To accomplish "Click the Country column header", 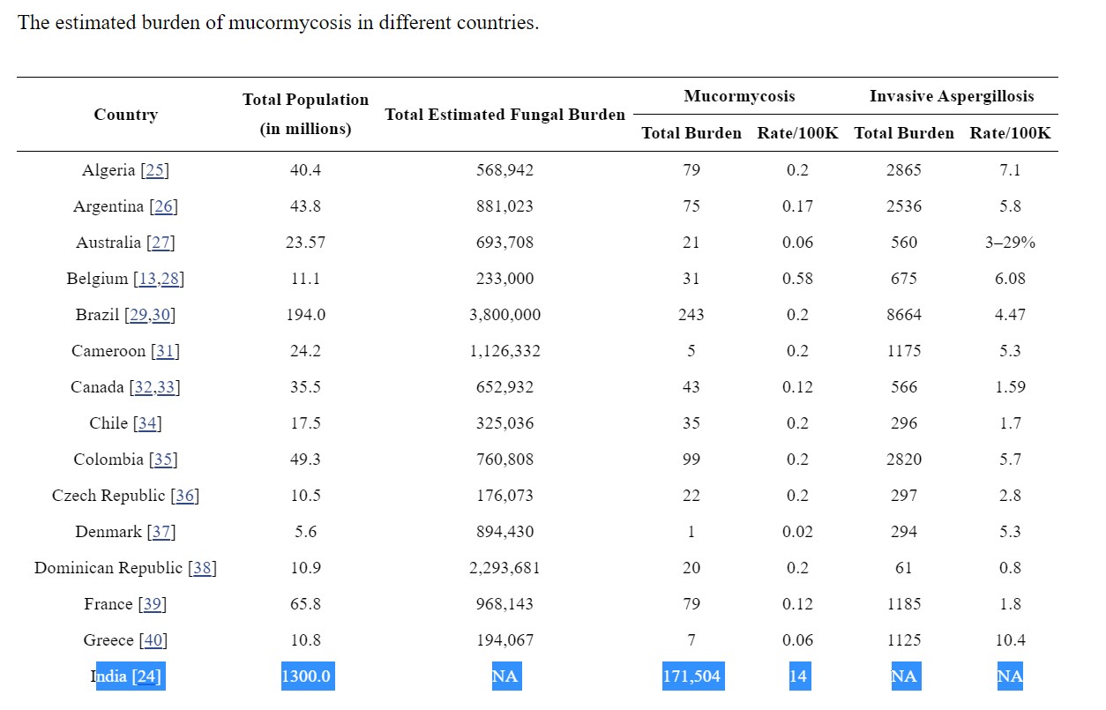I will pos(126,115).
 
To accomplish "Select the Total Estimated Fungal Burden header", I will pos(504,115).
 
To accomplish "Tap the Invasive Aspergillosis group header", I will pos(952,96).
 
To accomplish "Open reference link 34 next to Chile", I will pos(147,423).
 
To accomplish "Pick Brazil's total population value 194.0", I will pos(305,315).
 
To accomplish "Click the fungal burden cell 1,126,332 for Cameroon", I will pos(504,351).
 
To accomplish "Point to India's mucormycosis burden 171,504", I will pos(691,676).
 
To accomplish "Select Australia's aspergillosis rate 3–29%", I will pos(1010,243).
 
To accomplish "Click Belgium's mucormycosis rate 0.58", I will pos(797,279).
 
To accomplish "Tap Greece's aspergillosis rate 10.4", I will pos(1010,640).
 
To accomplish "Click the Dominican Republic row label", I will pos(108,568).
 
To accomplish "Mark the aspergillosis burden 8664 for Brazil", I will pos(904,315).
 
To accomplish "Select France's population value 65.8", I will pos(305,604).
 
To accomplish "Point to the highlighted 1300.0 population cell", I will pos(305,676).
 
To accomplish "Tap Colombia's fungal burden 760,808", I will pos(504,460).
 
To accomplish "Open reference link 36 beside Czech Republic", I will pos(184,496).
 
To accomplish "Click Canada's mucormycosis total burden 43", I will pos(691,387).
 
